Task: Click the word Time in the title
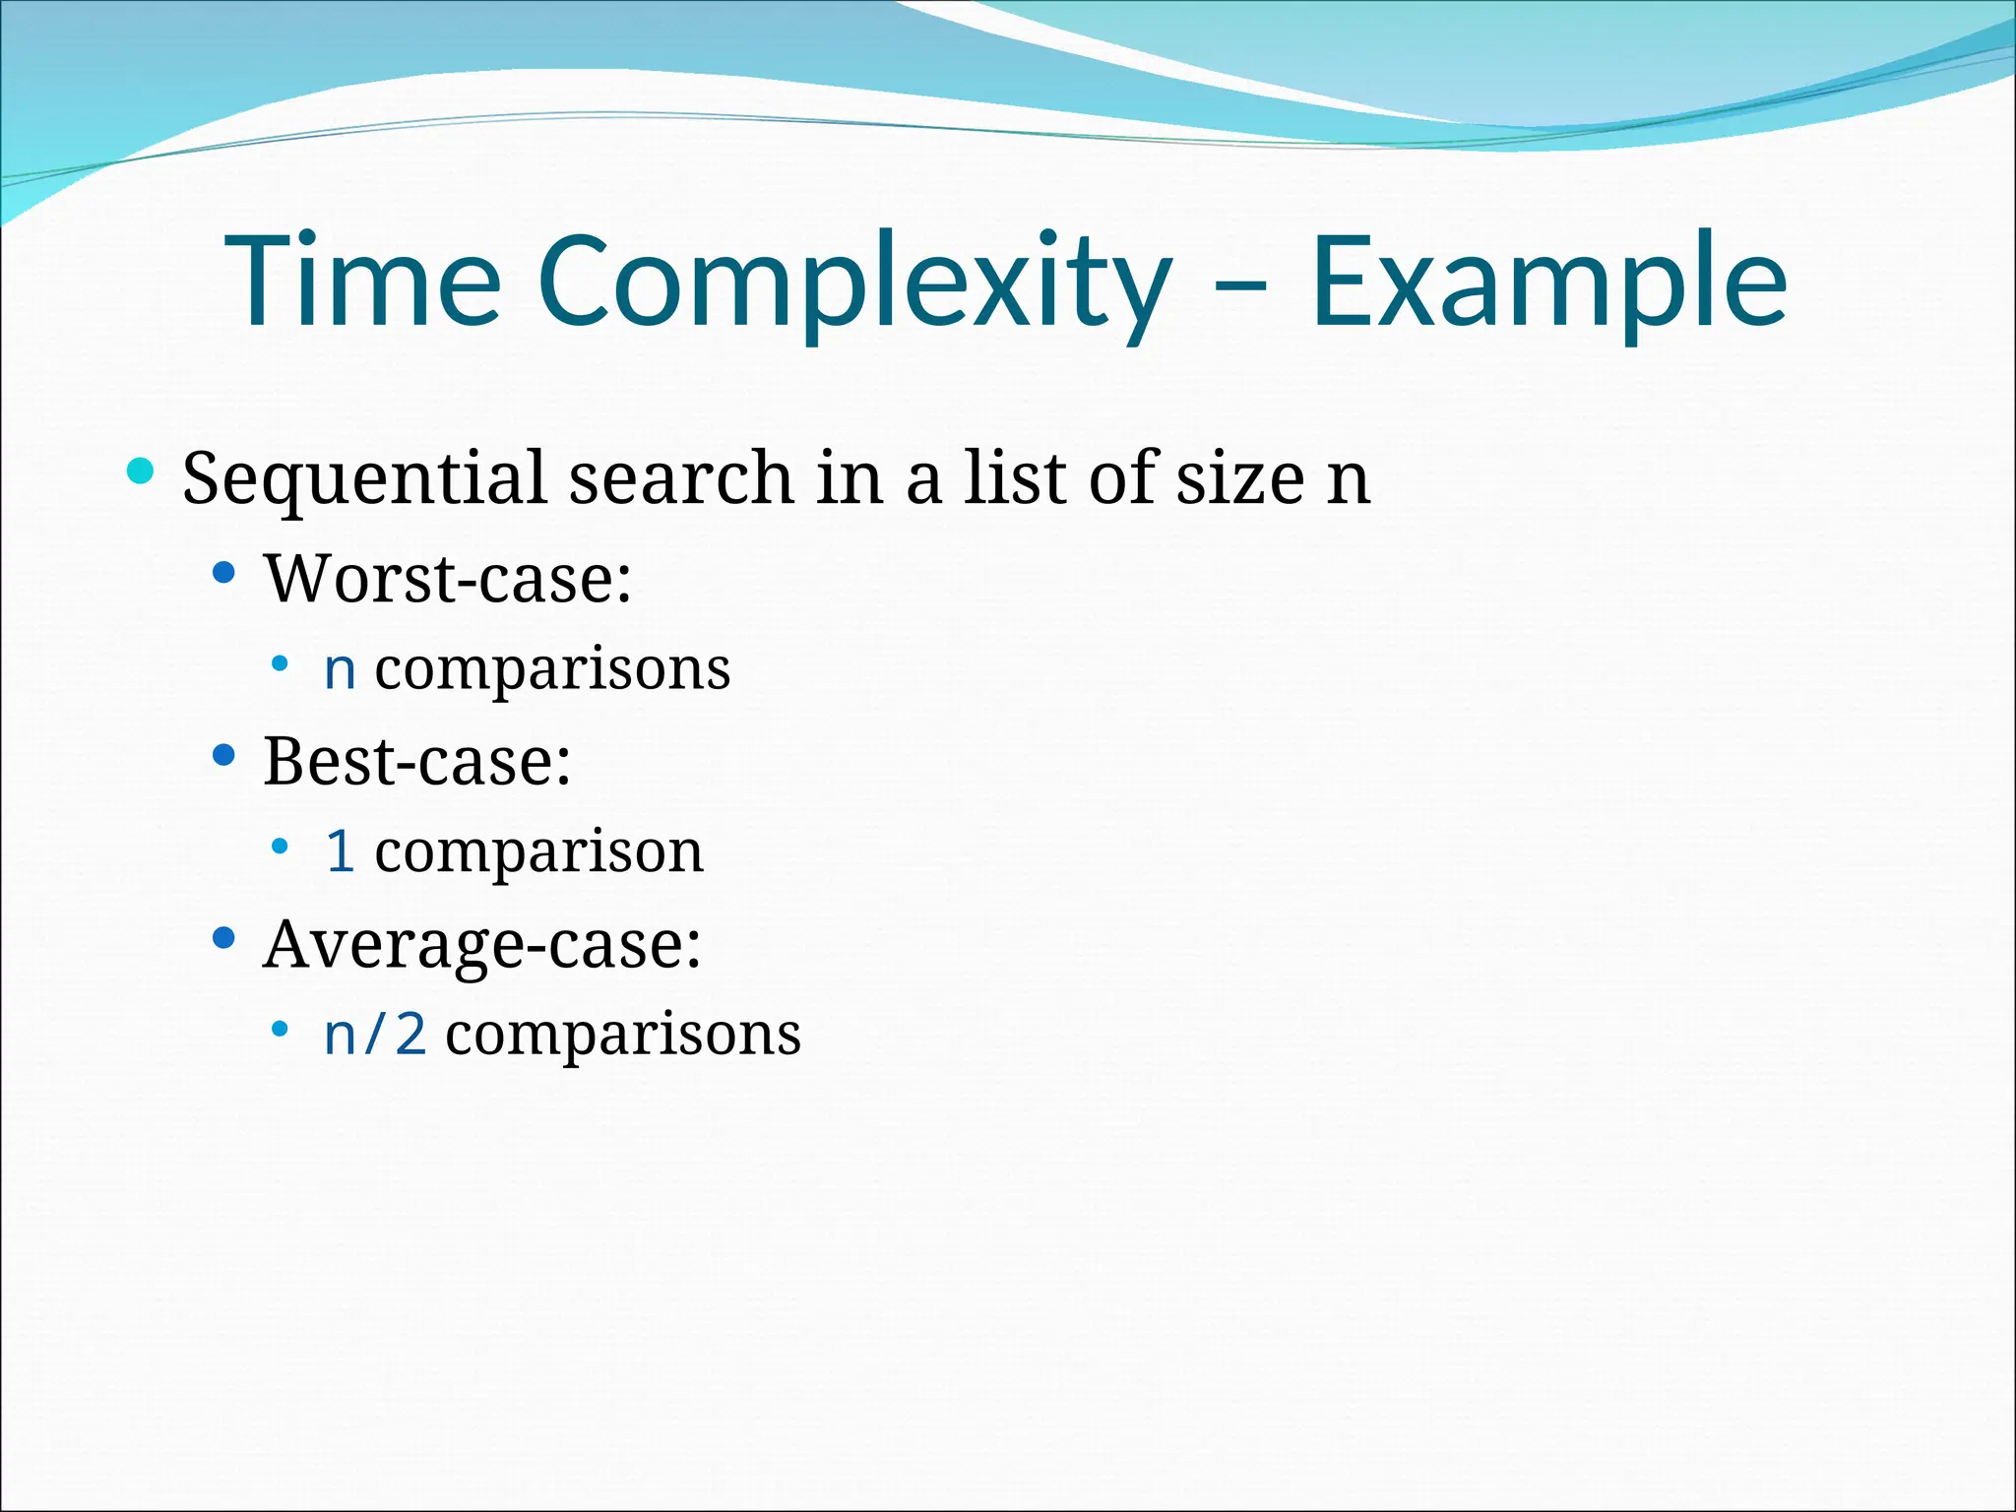pos(363,281)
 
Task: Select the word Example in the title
pos(1547,283)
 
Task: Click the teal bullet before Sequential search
pos(142,471)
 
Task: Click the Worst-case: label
pos(448,579)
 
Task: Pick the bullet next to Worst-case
pos(224,572)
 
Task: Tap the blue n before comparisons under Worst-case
pos(340,670)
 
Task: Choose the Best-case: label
pos(416,762)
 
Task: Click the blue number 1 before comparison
pos(340,851)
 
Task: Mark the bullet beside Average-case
pos(224,938)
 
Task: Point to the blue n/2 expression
pos(375,1035)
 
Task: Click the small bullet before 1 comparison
pos(281,846)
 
